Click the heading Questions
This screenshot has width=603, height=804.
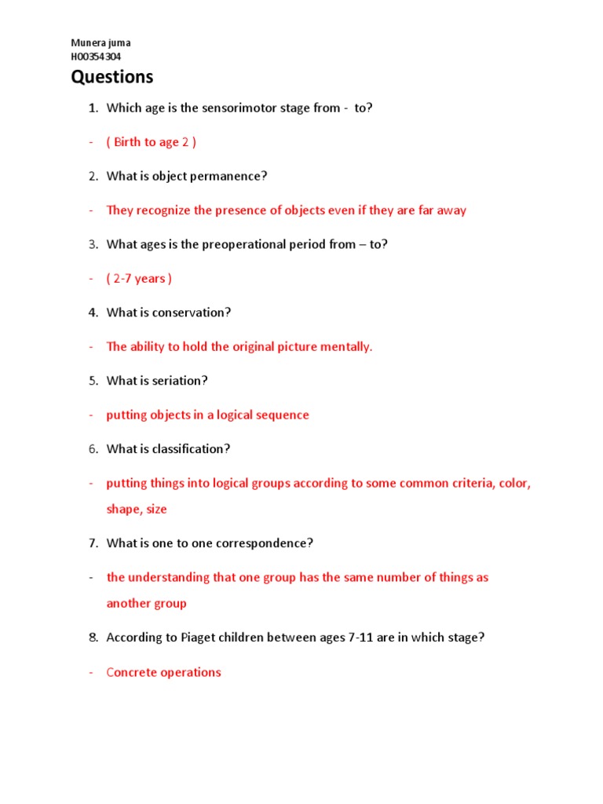[112, 77]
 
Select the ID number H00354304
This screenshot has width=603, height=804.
[96, 57]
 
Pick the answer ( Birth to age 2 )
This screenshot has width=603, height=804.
[151, 142]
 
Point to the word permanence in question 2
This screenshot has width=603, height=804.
[229, 176]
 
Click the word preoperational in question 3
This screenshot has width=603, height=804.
[243, 244]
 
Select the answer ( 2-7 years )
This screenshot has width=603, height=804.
[139, 279]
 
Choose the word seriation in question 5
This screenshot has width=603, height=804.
[181, 381]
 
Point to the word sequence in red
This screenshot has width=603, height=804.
[283, 415]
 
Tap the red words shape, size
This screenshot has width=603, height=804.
[137, 509]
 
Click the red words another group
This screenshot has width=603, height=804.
[147, 604]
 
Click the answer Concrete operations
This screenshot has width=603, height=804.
[163, 672]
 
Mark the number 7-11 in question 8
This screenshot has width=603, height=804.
[359, 638]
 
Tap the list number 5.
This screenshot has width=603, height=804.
[92, 381]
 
